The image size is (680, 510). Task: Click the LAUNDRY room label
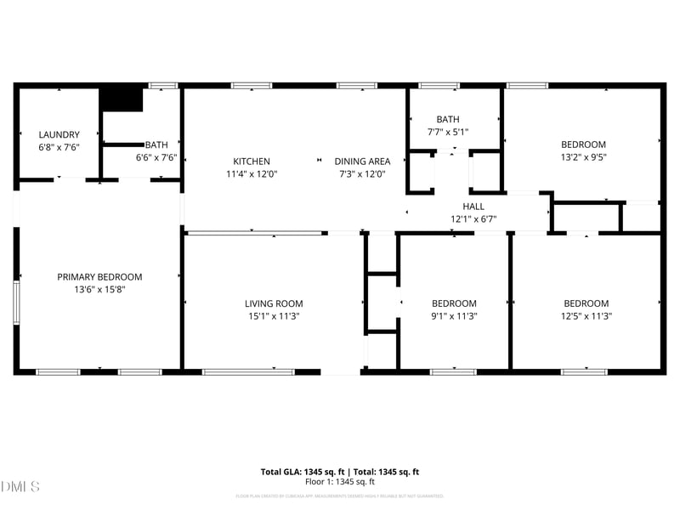pos(59,134)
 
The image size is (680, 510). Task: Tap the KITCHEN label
pos(252,161)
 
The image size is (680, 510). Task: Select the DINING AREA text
pos(362,161)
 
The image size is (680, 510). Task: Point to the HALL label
pos(473,207)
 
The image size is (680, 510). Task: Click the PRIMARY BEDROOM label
pos(99,277)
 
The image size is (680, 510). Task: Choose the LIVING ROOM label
pos(274,303)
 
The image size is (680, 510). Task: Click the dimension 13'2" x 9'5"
pos(583,156)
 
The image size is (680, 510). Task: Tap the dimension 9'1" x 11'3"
pos(454,316)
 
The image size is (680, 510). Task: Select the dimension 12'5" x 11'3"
pos(586,316)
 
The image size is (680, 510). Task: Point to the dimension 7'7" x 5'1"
pos(447,132)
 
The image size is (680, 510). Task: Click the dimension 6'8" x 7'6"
pos(59,147)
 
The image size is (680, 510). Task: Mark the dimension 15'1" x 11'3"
pos(274,316)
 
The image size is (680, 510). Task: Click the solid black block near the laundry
pos(122,99)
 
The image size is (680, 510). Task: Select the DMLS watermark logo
pos(20,487)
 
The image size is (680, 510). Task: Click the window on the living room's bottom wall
pos(248,371)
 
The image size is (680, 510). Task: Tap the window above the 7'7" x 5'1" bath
pos(439,85)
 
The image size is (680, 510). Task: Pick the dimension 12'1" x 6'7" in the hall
pos(473,219)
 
